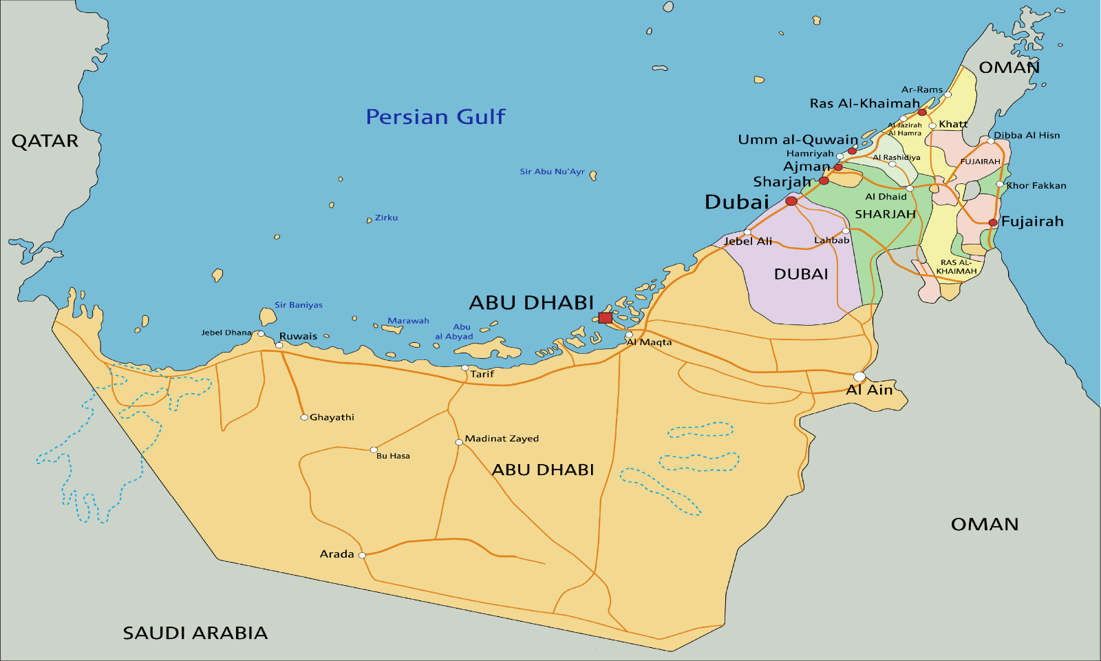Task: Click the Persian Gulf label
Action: tap(435, 117)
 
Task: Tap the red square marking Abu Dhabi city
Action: tap(605, 317)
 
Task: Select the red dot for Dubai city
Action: tap(791, 201)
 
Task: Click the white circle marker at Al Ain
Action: tap(859, 377)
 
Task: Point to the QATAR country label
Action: tap(45, 141)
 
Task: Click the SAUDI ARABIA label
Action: tap(195, 633)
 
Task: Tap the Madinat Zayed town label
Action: tap(502, 439)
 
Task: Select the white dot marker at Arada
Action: tap(362, 555)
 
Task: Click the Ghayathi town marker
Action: tap(304, 417)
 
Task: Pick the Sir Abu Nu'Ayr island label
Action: tap(552, 171)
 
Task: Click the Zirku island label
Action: tap(386, 218)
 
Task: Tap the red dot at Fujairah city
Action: tap(993, 222)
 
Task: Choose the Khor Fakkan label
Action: tap(1036, 185)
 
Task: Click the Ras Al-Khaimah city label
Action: tap(864, 104)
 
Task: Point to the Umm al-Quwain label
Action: tap(798, 140)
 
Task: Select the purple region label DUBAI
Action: tap(801, 274)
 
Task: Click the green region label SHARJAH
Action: tap(885, 214)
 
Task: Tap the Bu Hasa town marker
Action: tap(374, 450)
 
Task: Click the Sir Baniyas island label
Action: tap(299, 305)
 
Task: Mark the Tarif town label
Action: tap(482, 374)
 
